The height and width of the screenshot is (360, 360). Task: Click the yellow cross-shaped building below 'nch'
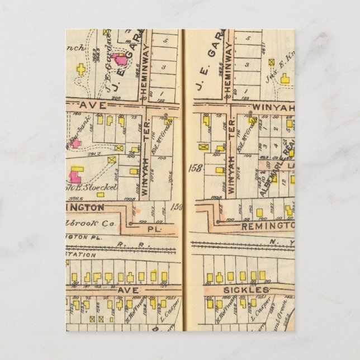82,69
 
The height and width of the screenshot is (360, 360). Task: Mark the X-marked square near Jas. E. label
272,63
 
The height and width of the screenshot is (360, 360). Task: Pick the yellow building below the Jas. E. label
285,79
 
